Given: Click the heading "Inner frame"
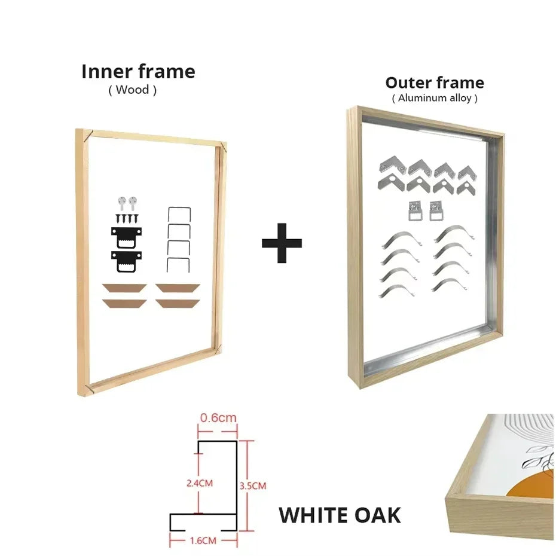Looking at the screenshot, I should pos(138,72).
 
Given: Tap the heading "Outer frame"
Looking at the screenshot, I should pos(435,83).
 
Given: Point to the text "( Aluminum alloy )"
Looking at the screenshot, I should pos(435,98).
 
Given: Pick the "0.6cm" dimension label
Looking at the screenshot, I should pos(218,418).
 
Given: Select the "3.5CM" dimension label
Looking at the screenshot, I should pos(252,485).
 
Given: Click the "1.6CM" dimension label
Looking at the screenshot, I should pos(203,540).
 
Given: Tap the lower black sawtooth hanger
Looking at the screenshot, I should pos(126,261).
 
